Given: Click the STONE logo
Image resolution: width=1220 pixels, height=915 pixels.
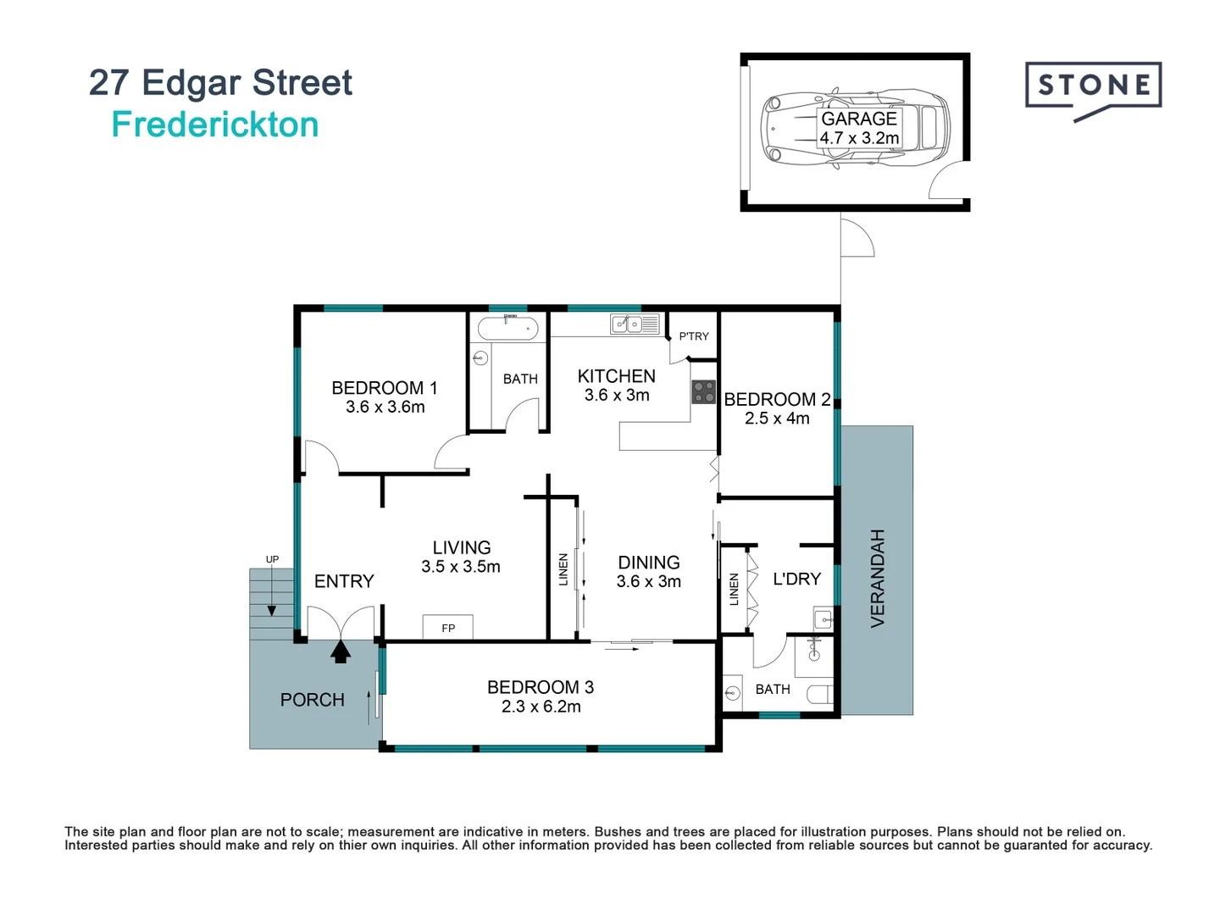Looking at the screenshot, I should click(x=1093, y=87).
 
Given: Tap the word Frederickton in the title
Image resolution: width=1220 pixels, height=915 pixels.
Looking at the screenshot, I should click(x=215, y=125).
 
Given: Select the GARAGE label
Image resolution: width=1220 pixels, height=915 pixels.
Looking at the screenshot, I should click(x=858, y=119).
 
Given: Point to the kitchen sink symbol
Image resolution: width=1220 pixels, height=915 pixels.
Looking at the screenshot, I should click(x=635, y=324).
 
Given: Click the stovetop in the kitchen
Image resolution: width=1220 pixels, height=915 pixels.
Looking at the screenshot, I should click(x=704, y=391).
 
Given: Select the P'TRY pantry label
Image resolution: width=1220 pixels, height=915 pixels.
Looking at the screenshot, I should click(x=694, y=336).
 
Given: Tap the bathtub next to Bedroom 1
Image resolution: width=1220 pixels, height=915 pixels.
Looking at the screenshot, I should click(x=507, y=328).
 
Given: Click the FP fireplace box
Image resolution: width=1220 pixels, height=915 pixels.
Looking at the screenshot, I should click(x=448, y=628).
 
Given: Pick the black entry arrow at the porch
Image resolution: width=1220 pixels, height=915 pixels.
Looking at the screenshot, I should click(x=341, y=651).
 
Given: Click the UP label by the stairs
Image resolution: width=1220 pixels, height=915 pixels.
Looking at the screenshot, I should click(x=272, y=559).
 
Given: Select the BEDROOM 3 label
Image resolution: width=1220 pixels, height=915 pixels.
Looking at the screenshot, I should click(x=540, y=687).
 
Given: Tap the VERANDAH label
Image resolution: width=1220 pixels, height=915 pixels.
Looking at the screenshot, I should click(x=878, y=578).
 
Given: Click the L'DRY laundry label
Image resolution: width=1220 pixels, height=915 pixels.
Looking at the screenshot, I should click(x=796, y=579).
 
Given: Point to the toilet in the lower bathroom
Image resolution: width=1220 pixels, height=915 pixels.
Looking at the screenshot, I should click(x=819, y=695).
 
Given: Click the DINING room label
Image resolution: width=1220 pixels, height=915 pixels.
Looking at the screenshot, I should click(x=648, y=563).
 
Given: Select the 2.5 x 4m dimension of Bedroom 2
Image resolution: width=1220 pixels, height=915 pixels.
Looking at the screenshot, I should click(x=777, y=419).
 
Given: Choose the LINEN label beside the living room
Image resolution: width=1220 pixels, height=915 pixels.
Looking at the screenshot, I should click(x=563, y=569).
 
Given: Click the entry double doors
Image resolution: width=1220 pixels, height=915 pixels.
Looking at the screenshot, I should click(x=341, y=623).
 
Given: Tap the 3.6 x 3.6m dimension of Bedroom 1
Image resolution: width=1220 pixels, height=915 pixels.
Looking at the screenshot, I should click(x=385, y=408).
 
